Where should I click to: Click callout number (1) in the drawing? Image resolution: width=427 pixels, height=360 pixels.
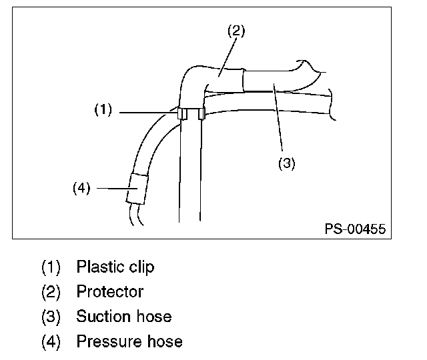coord(103,111)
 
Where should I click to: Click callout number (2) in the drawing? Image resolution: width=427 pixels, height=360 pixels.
coord(236,31)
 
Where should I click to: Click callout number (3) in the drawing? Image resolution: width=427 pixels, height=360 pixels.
coord(286,163)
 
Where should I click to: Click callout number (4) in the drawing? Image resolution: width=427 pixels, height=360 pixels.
coord(81,188)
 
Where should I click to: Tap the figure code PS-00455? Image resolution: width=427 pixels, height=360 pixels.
coord(355,229)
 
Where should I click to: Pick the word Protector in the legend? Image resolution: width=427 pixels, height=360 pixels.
coord(109,291)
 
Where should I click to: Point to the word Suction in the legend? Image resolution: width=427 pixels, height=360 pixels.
coord(101,316)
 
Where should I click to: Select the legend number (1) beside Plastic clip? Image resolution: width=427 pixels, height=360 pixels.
coord(51,267)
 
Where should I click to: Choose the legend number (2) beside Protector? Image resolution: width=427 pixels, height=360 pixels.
coord(51,291)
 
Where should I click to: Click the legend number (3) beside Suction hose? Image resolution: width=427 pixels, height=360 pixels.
coord(51,316)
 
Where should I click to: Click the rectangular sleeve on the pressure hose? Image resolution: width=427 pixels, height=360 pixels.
coord(136,188)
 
